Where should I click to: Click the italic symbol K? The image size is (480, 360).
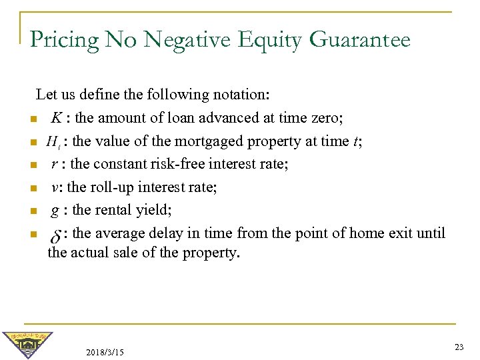pyautogui.click(x=57, y=118)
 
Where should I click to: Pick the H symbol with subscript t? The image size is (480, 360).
pyautogui.click(x=53, y=141)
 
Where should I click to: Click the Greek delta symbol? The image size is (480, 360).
pyautogui.click(x=56, y=235)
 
